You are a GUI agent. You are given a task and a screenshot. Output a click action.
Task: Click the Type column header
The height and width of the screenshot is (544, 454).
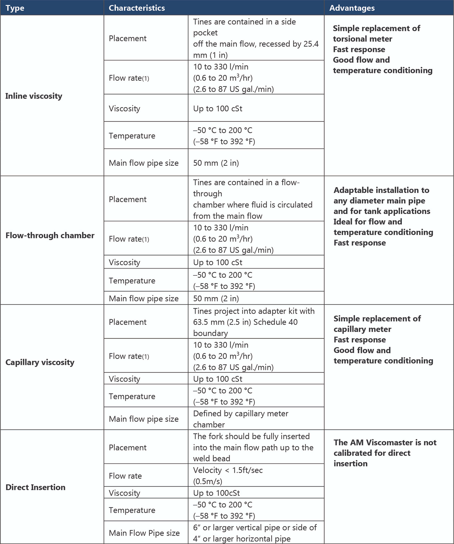(15, 8)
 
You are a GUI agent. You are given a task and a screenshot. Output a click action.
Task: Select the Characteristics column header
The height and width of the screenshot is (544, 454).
(137, 8)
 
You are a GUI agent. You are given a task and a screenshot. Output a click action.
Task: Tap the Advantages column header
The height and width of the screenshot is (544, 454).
(352, 8)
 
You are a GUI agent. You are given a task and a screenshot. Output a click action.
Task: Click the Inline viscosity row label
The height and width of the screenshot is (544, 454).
(34, 96)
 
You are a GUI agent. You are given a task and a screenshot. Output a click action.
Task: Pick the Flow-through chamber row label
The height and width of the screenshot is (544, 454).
(50, 236)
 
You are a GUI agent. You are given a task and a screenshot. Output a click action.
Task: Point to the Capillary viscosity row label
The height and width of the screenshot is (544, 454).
(40, 362)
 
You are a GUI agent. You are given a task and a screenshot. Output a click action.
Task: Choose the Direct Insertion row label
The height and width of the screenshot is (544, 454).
(35, 487)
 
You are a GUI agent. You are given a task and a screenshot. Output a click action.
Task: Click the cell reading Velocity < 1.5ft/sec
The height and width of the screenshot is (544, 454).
(228, 476)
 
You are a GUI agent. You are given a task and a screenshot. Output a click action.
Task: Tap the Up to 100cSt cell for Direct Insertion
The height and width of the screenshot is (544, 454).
(216, 493)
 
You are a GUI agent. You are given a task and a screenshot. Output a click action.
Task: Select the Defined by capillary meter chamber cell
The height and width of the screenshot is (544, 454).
(241, 419)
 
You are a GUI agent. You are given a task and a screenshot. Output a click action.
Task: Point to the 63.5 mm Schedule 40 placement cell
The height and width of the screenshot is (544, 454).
(254, 322)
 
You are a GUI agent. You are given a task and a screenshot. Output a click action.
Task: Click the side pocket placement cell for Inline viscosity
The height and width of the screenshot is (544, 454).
(256, 38)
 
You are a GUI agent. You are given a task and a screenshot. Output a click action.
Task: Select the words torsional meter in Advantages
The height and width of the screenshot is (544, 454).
(363, 39)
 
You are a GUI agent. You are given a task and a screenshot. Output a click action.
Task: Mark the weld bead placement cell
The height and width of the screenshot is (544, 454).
(253, 447)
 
